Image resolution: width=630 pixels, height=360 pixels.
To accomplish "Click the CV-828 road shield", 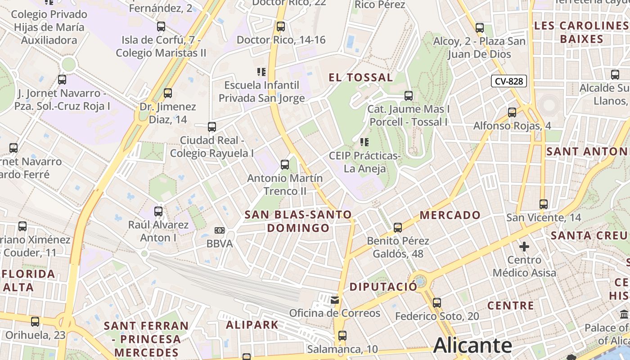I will (x=508, y=81).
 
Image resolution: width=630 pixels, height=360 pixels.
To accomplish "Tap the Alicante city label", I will (x=472, y=346).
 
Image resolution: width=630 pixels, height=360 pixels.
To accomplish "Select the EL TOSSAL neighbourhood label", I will (x=361, y=77).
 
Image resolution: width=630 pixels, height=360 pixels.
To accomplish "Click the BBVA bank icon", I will (x=219, y=230).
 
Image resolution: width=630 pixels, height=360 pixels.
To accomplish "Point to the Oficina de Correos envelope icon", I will (x=334, y=300).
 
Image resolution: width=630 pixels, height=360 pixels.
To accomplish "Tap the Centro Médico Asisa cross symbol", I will (x=524, y=247).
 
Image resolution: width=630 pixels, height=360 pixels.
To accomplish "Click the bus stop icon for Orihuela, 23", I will (x=35, y=322).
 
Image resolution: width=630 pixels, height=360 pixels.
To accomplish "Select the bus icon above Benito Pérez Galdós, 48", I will (x=397, y=228).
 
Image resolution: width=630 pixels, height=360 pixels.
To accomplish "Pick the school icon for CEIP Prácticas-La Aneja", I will (x=364, y=143).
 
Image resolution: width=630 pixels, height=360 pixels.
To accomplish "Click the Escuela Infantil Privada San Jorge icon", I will (x=261, y=72).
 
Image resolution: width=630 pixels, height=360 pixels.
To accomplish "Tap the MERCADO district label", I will (x=450, y=215).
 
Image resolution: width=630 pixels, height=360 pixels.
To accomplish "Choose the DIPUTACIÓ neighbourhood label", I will (x=383, y=287).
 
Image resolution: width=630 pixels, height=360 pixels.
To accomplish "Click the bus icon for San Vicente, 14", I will (x=543, y=204).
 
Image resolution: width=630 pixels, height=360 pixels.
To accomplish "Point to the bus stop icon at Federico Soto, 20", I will (x=436, y=303).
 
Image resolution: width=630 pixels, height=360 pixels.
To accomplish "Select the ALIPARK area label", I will (x=252, y=324).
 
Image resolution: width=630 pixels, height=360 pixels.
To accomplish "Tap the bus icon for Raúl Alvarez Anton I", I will (x=158, y=211).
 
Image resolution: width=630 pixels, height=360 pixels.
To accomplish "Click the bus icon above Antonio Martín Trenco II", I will (x=284, y=165).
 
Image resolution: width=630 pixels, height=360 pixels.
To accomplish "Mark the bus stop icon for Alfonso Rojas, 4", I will (x=512, y=112).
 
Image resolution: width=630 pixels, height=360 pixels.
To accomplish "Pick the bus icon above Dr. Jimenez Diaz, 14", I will (x=167, y=93).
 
